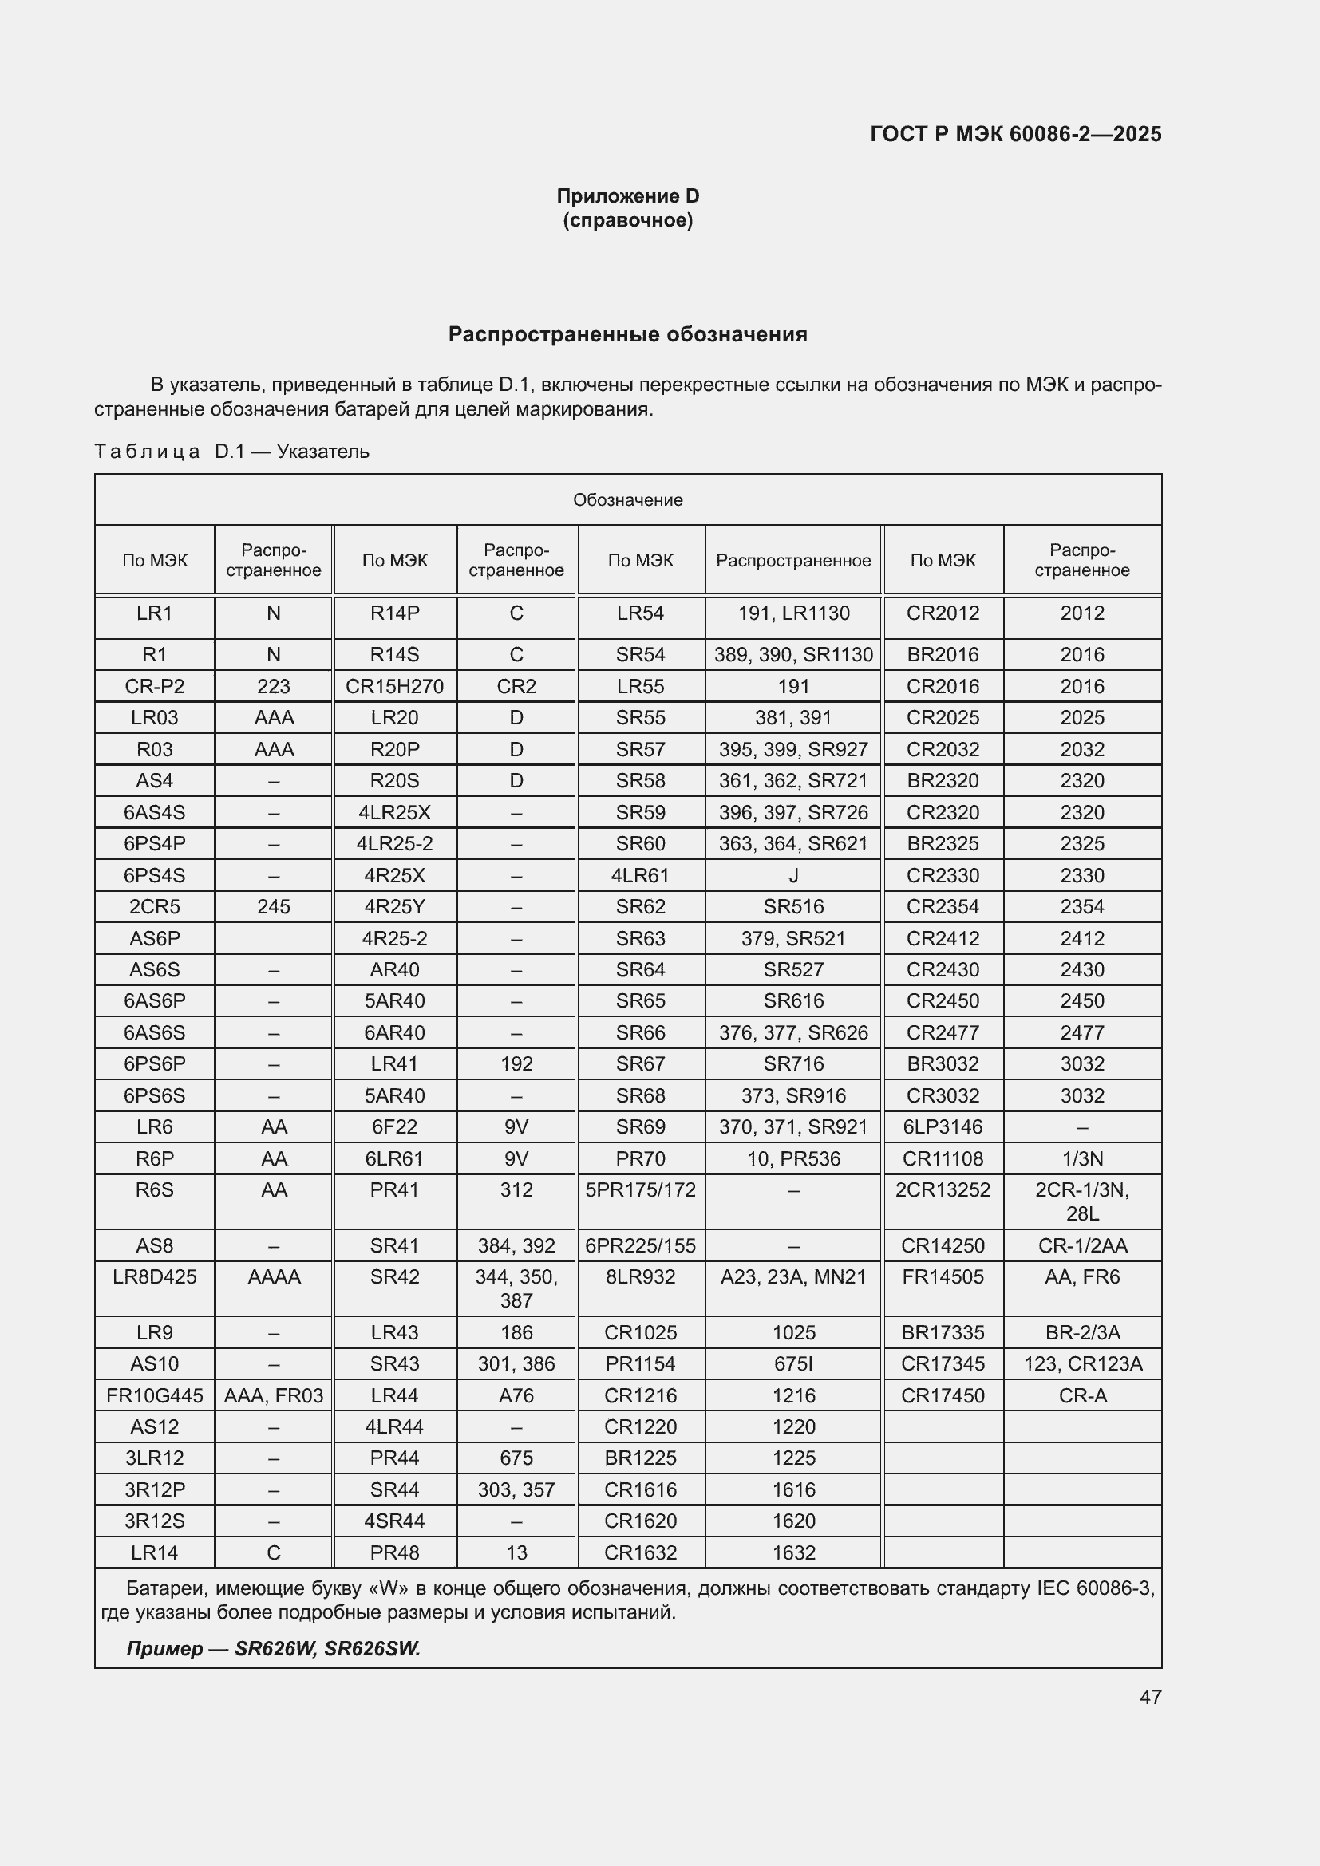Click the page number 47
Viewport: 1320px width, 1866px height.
point(1149,1696)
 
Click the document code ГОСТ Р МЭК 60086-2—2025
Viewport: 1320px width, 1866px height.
point(1015,134)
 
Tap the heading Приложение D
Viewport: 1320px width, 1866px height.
point(627,196)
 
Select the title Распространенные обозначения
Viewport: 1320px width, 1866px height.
point(627,335)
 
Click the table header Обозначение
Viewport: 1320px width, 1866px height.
point(627,500)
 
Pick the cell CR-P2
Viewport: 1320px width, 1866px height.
point(155,686)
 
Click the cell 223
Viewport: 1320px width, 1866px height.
point(273,686)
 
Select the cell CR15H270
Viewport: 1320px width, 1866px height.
point(394,686)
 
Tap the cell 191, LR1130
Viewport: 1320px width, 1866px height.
point(793,613)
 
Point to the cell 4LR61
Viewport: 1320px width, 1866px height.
point(641,875)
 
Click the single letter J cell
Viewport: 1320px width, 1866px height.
point(793,875)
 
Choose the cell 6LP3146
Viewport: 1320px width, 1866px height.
point(942,1126)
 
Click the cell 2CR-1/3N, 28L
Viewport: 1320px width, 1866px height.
point(1082,1201)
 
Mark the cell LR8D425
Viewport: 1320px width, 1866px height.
point(155,1276)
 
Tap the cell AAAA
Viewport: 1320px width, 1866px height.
point(273,1276)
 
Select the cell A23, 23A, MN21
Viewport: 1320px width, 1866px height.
point(793,1276)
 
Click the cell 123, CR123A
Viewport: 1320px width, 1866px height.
point(1082,1363)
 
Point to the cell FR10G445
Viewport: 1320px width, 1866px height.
point(155,1395)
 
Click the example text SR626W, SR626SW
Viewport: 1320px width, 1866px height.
point(326,1648)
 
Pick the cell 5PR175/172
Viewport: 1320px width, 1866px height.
point(641,1189)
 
